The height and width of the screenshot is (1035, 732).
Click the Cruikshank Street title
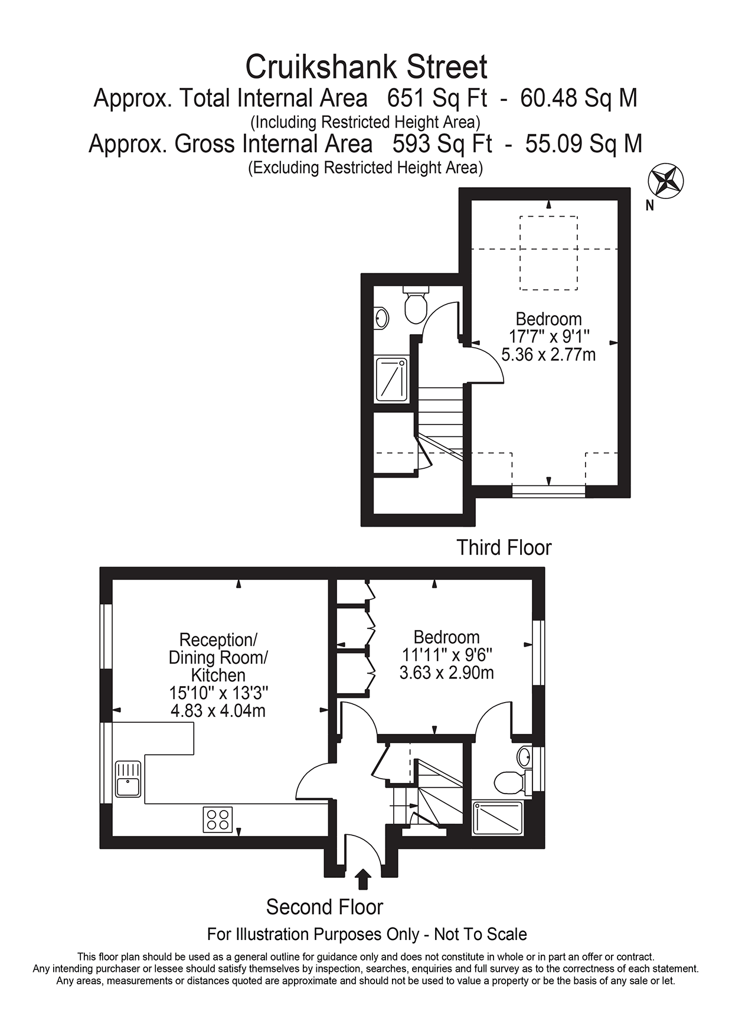point(366,67)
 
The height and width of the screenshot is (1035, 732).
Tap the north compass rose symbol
point(666,180)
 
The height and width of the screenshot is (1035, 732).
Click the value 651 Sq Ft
point(437,98)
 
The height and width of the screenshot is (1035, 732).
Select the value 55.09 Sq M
point(583,143)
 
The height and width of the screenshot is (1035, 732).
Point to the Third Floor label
point(504,547)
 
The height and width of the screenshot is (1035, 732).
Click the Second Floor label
point(324,907)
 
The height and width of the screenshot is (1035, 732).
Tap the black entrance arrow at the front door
point(364,879)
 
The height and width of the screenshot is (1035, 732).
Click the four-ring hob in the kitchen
point(218,819)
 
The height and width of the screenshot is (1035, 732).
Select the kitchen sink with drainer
point(128,779)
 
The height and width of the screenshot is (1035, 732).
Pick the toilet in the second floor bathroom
point(508,782)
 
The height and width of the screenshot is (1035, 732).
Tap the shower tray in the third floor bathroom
point(391,379)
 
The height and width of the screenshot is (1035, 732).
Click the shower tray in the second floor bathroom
point(498,817)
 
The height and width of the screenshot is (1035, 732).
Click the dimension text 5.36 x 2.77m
point(548,355)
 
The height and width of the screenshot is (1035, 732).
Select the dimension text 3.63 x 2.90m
point(446,672)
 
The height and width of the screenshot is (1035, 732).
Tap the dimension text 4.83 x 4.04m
point(218,710)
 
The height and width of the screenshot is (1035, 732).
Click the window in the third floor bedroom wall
point(548,491)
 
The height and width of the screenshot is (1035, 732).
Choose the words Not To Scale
point(480,935)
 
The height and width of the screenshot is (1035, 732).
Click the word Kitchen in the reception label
point(218,675)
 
